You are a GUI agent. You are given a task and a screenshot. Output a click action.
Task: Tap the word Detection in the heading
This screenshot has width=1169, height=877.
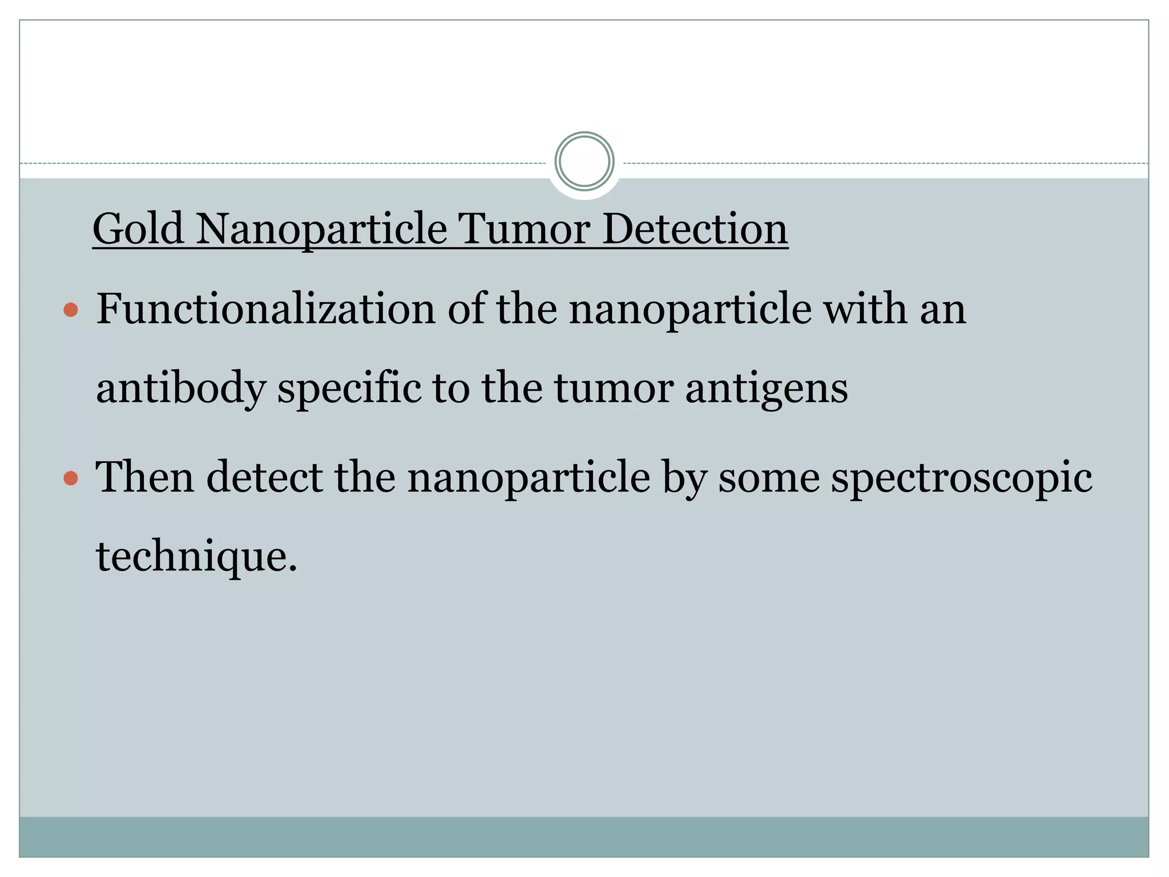click(x=695, y=230)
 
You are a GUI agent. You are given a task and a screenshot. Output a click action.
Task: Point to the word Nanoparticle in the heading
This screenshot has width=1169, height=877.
click(x=321, y=230)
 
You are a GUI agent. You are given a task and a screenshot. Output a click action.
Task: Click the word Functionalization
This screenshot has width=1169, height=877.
click(x=265, y=309)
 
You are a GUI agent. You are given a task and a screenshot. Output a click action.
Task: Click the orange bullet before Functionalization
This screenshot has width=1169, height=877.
click(x=71, y=310)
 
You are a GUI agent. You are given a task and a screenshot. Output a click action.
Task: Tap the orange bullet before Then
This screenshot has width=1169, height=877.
click(x=71, y=478)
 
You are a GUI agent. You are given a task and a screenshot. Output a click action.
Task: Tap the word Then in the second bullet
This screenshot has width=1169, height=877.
click(x=144, y=477)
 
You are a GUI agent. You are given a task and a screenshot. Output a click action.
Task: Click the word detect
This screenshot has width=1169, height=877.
click(x=264, y=477)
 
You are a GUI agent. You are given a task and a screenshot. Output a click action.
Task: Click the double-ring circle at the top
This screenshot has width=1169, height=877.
click(x=584, y=161)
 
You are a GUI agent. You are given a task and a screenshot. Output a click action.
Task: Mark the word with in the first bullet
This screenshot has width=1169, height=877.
click(x=864, y=309)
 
